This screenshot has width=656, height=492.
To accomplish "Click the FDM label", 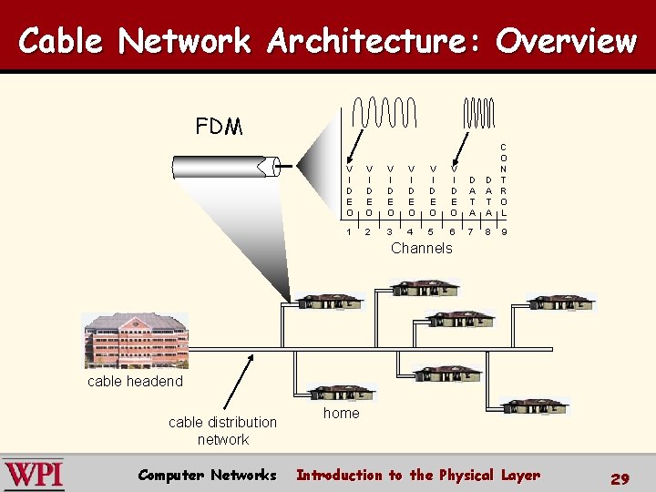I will tap(219, 127).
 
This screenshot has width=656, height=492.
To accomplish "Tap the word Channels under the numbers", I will tap(421, 248).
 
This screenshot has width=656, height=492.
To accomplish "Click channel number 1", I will tap(349, 232).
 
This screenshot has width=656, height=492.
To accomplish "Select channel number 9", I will tap(504, 232).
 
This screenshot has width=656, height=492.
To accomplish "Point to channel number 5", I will tap(431, 232).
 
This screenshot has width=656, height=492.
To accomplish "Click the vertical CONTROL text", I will tap(504, 179).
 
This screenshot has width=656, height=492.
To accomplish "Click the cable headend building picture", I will tap(136, 341).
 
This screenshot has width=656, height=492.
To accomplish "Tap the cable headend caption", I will tap(135, 381).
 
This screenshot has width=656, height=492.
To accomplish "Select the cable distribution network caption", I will tap(222, 430).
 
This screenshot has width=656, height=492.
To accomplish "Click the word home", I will tap(342, 413).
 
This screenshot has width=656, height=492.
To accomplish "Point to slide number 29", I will tap(620, 478).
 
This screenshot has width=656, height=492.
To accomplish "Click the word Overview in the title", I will tap(566, 41).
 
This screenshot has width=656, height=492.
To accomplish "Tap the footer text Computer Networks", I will tap(207, 475).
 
